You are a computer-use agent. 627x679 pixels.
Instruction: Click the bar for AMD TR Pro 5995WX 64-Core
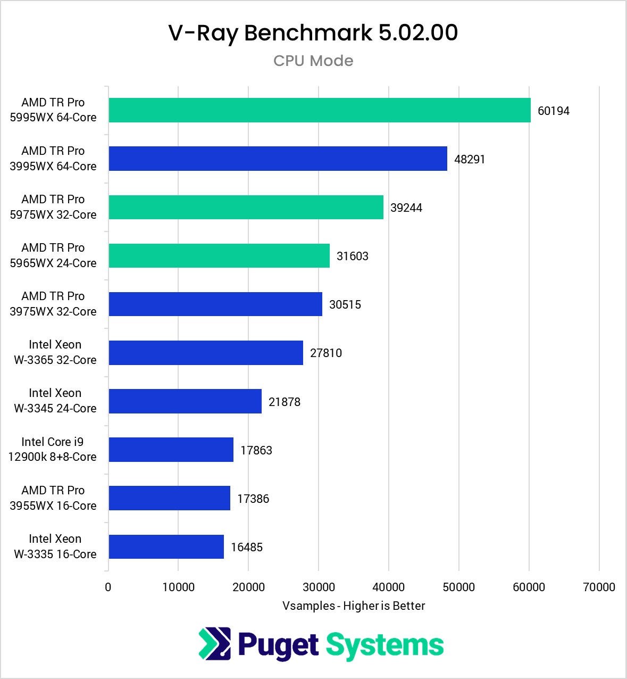pyautogui.click(x=319, y=110)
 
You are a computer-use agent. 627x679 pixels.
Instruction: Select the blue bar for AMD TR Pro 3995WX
pyautogui.click(x=278, y=159)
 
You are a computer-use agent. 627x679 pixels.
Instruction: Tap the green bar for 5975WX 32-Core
pyautogui.click(x=246, y=207)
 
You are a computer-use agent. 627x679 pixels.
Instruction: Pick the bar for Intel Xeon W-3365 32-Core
pyautogui.click(x=206, y=353)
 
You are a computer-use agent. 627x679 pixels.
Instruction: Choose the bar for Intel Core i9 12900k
pyautogui.click(x=171, y=450)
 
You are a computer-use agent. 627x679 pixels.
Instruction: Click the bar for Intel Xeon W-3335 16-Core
pyautogui.click(x=166, y=546)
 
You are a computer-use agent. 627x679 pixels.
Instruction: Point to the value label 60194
pyautogui.click(x=553, y=111)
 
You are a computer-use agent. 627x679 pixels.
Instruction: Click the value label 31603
pyautogui.click(x=352, y=256)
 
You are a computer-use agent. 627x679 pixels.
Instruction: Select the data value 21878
pyautogui.click(x=284, y=402)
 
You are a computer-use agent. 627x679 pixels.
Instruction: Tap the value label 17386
pyautogui.click(x=253, y=499)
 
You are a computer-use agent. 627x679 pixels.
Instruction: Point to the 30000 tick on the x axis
pyautogui.click(x=318, y=587)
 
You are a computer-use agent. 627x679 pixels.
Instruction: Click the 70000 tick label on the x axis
pyautogui.click(x=599, y=587)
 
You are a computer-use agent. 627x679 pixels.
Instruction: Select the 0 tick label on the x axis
pyautogui.click(x=108, y=587)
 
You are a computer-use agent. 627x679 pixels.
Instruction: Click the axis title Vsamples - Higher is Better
pyautogui.click(x=354, y=606)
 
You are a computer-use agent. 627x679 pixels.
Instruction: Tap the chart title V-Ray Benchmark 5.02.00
pyautogui.click(x=313, y=33)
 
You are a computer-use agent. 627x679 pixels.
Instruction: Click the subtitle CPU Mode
pyautogui.click(x=313, y=61)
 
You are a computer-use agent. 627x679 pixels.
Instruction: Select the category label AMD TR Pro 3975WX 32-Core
pyautogui.click(x=53, y=304)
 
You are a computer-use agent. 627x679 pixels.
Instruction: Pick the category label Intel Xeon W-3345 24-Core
pyautogui.click(x=55, y=401)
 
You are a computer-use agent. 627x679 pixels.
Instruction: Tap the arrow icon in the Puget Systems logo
pyautogui.click(x=214, y=644)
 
